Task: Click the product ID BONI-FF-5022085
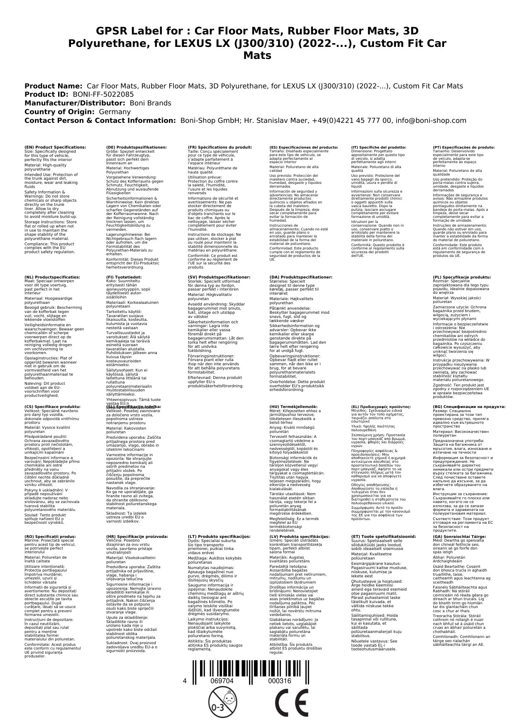(x=103, y=95)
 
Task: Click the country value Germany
(x=114, y=112)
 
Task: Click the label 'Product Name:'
(x=53, y=86)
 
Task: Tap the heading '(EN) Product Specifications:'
(x=56, y=147)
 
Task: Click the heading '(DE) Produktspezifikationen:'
(x=137, y=147)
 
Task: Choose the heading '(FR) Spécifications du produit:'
(x=220, y=147)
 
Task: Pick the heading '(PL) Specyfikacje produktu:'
(x=462, y=277)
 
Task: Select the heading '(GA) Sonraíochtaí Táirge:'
(x=459, y=536)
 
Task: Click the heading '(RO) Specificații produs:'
(x=50, y=536)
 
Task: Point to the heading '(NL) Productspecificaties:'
(x=52, y=277)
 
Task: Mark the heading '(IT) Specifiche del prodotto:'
(x=379, y=147)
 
